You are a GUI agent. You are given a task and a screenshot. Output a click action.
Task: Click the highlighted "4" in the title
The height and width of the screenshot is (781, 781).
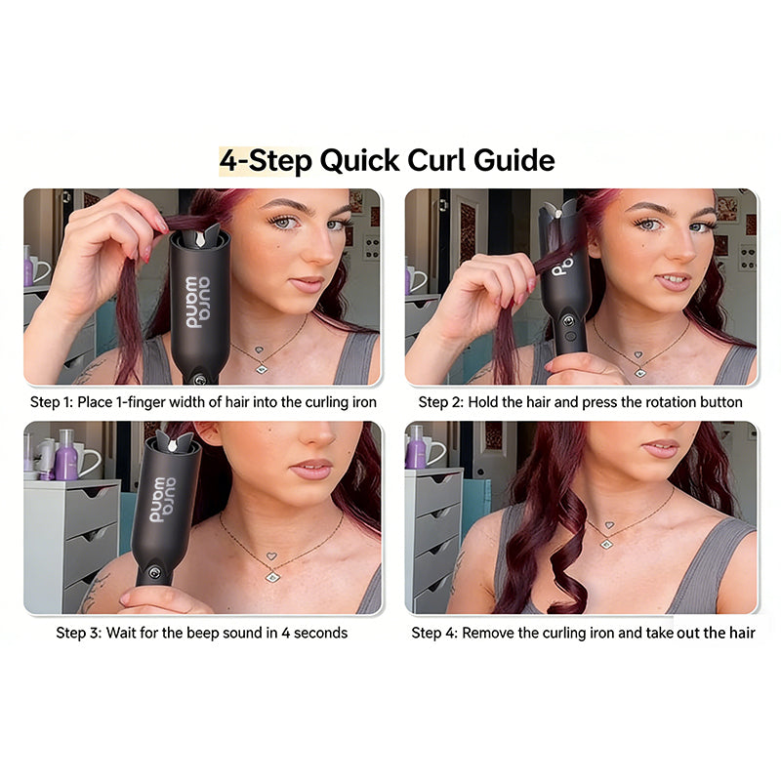[228, 160]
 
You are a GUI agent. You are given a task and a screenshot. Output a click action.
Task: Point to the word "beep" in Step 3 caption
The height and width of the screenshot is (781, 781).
[208, 633]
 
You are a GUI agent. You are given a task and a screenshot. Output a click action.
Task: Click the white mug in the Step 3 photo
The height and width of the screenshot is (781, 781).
[90, 460]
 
